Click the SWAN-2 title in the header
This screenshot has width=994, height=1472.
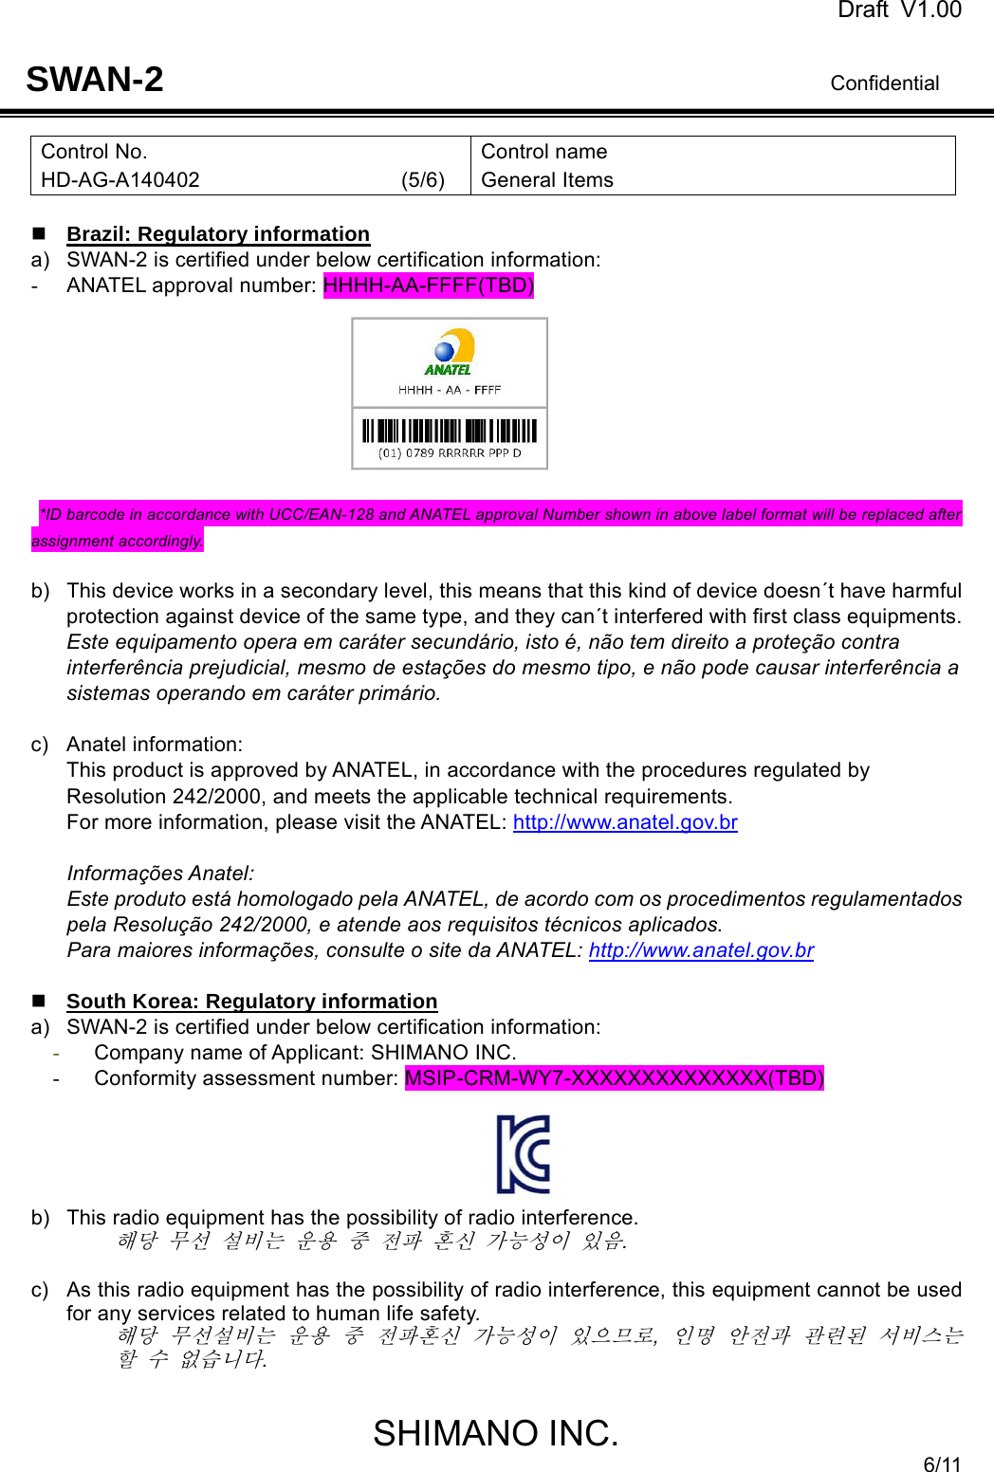click(x=95, y=80)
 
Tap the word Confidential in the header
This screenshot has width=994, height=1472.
click(x=884, y=83)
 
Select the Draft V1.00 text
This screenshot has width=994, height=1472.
click(x=898, y=10)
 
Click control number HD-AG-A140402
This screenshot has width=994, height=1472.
click(x=120, y=180)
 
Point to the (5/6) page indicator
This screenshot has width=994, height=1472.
click(x=422, y=180)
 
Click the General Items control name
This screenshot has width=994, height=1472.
click(x=547, y=180)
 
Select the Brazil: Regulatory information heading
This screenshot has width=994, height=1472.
click(x=218, y=234)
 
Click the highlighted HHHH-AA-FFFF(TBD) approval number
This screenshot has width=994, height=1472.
click(x=429, y=285)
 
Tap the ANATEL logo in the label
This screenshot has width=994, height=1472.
click(x=450, y=352)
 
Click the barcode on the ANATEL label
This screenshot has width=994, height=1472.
click(x=450, y=432)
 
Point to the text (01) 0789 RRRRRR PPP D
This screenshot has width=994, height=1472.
click(x=450, y=453)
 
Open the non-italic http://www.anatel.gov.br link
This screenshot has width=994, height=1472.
click(x=625, y=822)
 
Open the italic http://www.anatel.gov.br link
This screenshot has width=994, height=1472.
click(x=701, y=950)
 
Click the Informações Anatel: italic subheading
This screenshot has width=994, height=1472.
click(x=160, y=874)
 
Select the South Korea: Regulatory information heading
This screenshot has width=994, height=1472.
click(x=252, y=1002)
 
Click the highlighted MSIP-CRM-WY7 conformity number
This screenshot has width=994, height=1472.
click(x=615, y=1078)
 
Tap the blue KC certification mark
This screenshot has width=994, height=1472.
click(x=524, y=1154)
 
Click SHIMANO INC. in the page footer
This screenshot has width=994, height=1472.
click(x=495, y=1433)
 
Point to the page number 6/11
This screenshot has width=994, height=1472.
click(x=942, y=1464)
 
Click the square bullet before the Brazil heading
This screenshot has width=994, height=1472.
click(x=39, y=233)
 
